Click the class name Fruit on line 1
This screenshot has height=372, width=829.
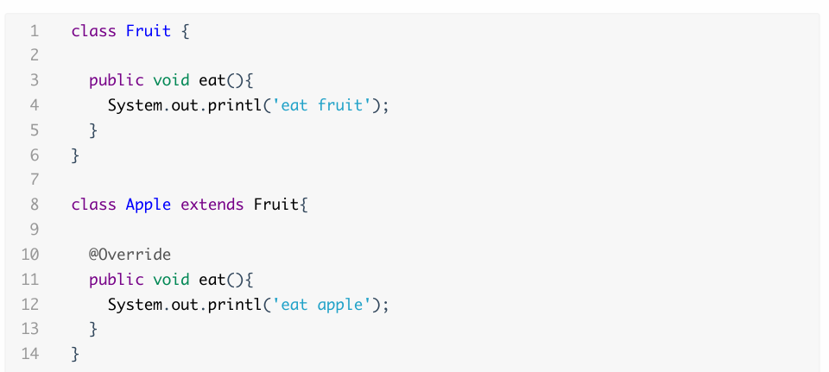149,31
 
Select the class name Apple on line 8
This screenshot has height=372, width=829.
149,205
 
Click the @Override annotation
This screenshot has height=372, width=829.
130,255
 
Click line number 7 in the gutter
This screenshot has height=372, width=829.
35,180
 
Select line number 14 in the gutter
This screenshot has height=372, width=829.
30,354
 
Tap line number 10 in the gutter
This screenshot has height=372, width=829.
30,255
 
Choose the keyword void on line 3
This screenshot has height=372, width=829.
171,80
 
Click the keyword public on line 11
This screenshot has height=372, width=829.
117,280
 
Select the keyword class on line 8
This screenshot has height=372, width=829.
93,205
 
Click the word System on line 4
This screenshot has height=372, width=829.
135,105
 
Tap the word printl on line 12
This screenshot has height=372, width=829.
231,305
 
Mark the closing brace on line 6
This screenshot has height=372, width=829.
75,155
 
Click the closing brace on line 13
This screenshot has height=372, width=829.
93,330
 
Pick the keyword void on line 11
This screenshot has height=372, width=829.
171,280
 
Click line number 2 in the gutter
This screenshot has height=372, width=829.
35,56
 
